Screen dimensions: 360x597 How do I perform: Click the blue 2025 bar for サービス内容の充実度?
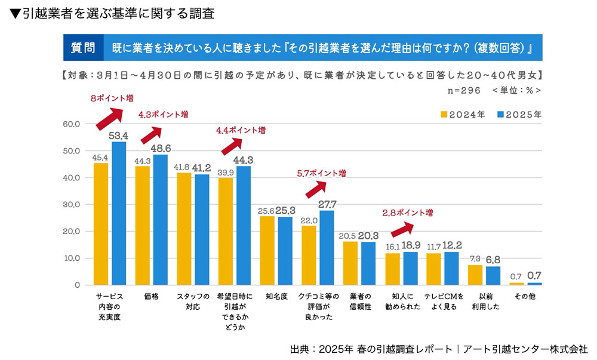point(119,214)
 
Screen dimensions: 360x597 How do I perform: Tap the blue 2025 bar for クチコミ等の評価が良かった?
point(327,248)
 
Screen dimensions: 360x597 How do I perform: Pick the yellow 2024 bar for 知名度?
point(267,251)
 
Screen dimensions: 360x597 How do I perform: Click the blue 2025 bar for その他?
point(535,284)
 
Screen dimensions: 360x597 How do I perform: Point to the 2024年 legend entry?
point(462,115)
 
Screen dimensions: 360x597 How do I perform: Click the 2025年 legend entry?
point(515,115)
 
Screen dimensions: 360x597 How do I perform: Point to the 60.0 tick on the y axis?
point(72,124)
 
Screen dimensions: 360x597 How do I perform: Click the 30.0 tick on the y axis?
point(72,205)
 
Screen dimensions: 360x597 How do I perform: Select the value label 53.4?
point(118,136)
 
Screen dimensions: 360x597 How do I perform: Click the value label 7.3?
point(475,259)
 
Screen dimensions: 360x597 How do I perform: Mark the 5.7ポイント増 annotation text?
point(321,173)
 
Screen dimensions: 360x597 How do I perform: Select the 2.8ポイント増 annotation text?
point(408,213)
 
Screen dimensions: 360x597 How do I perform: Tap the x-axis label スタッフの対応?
point(192,301)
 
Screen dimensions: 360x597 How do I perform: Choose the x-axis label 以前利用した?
point(484,301)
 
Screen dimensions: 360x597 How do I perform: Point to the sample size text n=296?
point(463,90)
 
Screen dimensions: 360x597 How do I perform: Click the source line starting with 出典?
point(439,349)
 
